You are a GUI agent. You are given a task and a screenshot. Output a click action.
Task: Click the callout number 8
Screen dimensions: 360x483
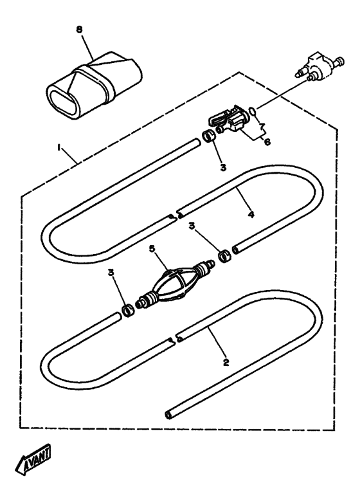[x=80, y=30]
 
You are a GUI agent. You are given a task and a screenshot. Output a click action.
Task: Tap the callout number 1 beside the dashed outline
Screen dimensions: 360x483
[x=59, y=148]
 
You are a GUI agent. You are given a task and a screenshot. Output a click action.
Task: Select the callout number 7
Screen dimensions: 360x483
[x=262, y=126]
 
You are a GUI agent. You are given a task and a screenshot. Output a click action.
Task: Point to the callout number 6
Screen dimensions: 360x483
[x=267, y=141]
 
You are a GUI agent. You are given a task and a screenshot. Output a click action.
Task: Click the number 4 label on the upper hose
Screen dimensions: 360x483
[x=251, y=214]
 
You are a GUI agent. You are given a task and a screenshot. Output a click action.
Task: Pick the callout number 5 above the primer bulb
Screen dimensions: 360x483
[x=152, y=248]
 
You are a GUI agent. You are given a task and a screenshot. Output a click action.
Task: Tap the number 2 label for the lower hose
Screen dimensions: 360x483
[x=226, y=362]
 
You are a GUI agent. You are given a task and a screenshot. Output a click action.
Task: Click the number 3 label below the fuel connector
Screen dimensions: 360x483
[x=223, y=167]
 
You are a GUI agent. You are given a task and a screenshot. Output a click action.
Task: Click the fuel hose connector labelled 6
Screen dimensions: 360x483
[x=230, y=120]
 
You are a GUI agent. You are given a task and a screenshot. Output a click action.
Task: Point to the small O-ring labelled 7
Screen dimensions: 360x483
[x=252, y=110]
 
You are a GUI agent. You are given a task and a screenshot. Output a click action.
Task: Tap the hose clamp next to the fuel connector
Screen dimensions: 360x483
[x=208, y=136]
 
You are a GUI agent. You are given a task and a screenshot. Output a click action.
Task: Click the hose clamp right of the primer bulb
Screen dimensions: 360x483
[x=225, y=257]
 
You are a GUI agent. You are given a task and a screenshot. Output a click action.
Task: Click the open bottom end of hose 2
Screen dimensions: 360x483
[x=169, y=414]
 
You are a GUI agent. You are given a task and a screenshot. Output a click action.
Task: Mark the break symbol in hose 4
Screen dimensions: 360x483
[x=174, y=214]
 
